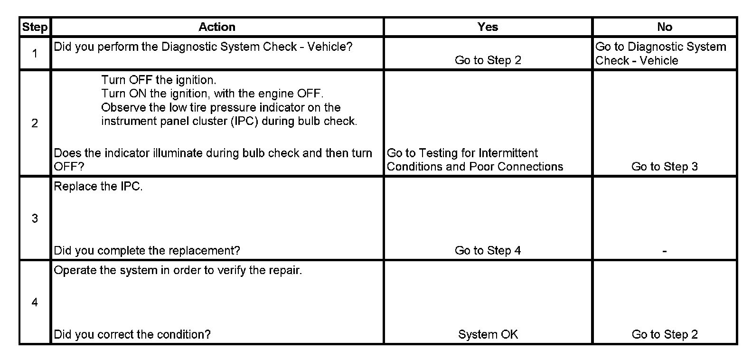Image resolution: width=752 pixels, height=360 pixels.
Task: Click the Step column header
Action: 35,27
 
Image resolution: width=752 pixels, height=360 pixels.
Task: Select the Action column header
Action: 216,27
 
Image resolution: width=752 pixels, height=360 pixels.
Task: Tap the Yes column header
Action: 488,27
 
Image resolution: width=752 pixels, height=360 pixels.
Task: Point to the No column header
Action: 665,27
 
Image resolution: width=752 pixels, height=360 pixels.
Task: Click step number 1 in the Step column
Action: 35,54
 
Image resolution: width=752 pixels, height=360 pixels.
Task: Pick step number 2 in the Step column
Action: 35,123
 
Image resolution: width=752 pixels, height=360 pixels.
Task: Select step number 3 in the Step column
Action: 35,218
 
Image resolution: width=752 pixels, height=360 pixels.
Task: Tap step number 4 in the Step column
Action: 35,303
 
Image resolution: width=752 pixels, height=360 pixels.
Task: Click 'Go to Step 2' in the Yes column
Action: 488,60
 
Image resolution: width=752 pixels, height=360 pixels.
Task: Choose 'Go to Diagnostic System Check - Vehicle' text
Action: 660,54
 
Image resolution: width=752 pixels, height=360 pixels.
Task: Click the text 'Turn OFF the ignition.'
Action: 159,80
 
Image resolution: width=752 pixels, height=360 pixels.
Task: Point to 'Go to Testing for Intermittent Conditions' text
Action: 475,160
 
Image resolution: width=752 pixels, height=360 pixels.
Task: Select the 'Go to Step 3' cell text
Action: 664,167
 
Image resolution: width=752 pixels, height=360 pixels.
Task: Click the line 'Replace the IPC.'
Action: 98,187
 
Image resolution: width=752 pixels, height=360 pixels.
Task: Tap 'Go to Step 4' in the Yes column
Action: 488,251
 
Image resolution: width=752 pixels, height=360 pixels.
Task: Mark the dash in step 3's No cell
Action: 664,251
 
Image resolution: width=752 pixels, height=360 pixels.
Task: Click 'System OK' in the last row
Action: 488,335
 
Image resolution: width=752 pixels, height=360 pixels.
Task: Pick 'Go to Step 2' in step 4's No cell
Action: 664,335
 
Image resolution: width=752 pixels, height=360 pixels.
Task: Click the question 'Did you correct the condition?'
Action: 132,335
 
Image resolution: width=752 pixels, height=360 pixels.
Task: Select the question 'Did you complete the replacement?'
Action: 147,251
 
